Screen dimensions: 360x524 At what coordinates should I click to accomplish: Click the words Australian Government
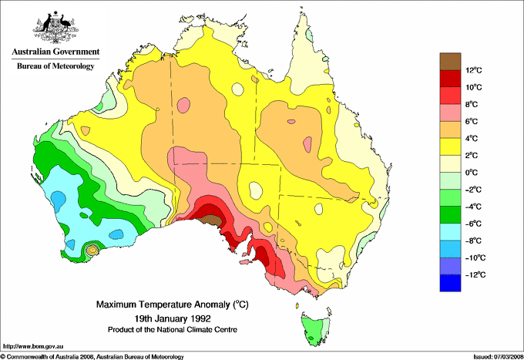point(55,52)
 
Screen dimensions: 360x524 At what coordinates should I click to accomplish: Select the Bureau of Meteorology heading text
point(55,66)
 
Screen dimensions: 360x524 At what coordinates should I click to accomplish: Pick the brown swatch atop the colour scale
point(451,61)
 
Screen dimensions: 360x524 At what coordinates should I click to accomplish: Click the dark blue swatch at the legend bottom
point(451,283)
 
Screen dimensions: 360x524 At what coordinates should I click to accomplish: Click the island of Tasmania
point(314,330)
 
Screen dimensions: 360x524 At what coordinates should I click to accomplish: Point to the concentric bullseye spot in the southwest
point(92,249)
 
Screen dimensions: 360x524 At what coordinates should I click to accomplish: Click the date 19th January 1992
point(166,318)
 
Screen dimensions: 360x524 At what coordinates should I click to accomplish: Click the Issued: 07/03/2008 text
point(496,356)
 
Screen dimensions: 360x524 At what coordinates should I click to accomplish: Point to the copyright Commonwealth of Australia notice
point(92,356)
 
